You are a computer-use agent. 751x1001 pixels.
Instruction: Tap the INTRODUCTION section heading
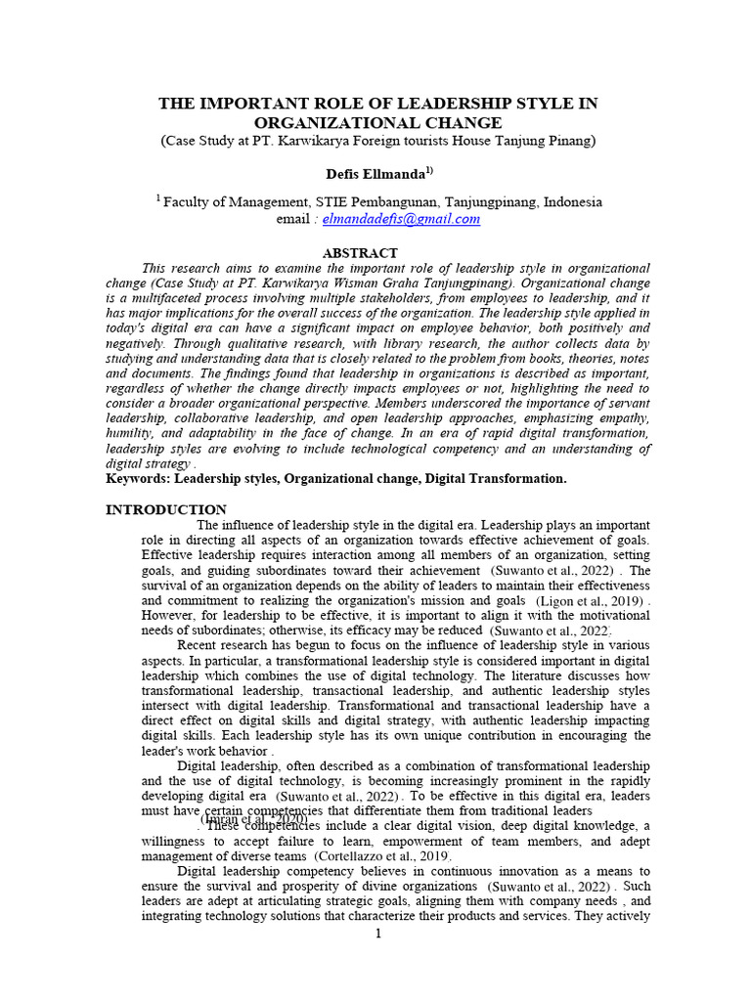coord(165,509)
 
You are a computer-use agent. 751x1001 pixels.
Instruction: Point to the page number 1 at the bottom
coord(378,935)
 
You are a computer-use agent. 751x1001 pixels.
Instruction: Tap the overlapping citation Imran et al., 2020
coord(254,819)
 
